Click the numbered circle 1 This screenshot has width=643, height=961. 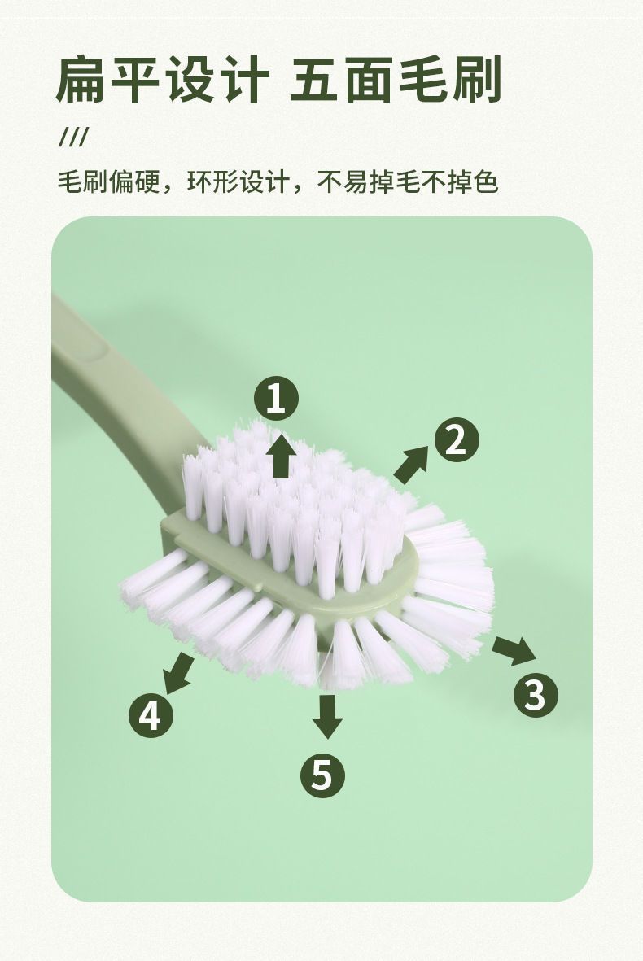click(x=276, y=399)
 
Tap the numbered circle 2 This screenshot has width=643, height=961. click(x=457, y=440)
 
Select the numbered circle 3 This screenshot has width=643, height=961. click(x=536, y=694)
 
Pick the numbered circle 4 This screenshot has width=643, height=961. click(x=151, y=714)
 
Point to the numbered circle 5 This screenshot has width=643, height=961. click(x=322, y=775)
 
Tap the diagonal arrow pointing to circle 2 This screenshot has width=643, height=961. click(x=411, y=464)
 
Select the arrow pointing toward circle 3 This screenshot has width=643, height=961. click(x=514, y=649)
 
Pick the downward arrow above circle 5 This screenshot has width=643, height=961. click(x=327, y=716)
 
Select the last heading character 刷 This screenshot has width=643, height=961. click(x=478, y=80)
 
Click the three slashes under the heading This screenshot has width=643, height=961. click(x=73, y=138)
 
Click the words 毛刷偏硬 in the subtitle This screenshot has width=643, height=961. click(x=109, y=182)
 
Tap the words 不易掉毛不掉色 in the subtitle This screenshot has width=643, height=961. click(x=408, y=182)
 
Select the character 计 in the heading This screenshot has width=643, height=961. click(x=244, y=80)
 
